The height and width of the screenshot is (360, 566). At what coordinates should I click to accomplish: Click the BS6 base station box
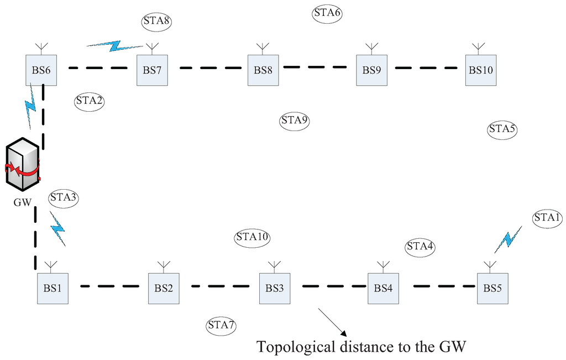coord(41,70)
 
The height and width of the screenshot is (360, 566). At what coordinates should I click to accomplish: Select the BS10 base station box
coord(481,70)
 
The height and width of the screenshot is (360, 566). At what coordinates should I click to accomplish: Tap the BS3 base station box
coord(275,288)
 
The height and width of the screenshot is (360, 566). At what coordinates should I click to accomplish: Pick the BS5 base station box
coord(492,288)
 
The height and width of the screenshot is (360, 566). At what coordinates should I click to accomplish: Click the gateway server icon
coord(22,164)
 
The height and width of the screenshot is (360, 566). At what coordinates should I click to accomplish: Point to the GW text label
coord(22,202)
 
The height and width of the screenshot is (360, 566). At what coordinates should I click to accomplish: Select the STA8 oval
coord(156,21)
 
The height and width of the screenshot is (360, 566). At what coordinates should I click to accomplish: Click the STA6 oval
coord(327,13)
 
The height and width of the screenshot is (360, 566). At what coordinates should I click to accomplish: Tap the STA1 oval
coord(547,218)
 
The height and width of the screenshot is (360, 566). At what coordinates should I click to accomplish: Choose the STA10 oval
coord(252,237)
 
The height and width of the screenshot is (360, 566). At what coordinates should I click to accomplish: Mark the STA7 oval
coord(222,325)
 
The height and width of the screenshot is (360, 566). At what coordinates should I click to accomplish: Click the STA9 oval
coord(295,120)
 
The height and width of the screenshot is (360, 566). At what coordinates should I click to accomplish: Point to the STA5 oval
coord(502,129)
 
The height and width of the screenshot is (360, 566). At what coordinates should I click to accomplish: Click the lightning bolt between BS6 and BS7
coord(116,45)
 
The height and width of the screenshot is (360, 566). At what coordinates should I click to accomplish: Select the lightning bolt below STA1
coord(509,239)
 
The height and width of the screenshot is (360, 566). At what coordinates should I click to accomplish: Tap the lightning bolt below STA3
coord(57,228)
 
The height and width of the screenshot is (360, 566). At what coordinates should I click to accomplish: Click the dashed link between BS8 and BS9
coord(315,67)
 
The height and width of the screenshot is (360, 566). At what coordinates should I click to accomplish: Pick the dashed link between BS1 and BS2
coord(109,286)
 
